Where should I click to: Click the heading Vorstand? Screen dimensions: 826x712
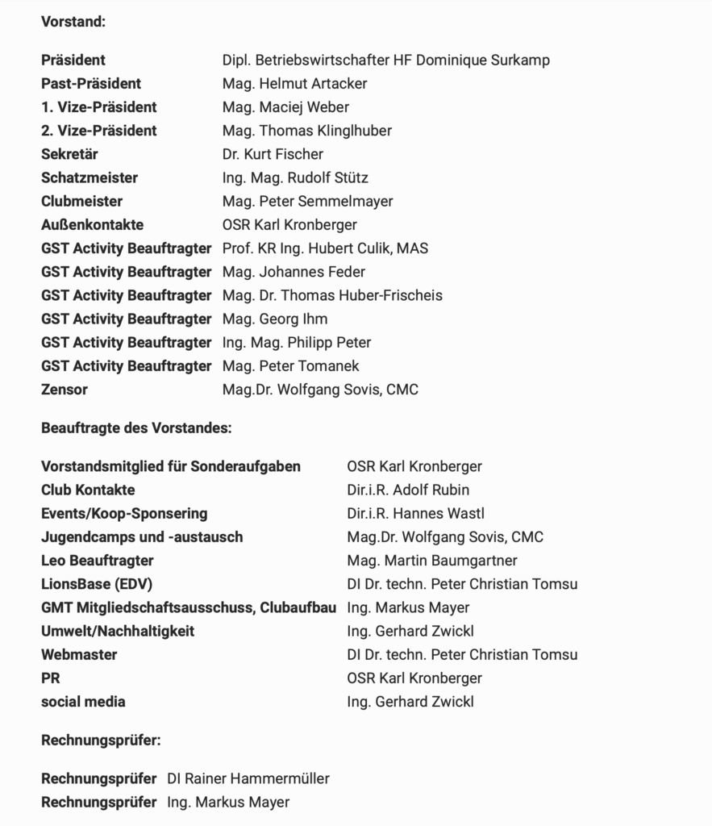pos(73,22)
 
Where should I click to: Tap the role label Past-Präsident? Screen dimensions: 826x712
pos(91,84)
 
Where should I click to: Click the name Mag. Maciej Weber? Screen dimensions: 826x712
pos(285,107)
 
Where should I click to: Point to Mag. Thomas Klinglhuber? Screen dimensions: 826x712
pos(307,131)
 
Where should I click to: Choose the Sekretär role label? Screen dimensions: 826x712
pos(69,154)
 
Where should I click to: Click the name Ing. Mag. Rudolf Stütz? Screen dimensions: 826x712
pos(295,177)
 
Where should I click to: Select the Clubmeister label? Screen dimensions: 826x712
pos(81,201)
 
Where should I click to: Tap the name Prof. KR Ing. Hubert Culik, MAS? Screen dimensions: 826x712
pos(325,248)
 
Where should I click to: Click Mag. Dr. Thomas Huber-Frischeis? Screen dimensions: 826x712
pos(332,295)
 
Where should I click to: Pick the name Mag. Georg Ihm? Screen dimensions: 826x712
pos(275,319)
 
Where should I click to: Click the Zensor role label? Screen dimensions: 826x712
pos(65,390)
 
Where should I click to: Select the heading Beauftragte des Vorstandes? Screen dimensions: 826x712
pos(136,428)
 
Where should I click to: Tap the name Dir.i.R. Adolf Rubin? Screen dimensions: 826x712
pos(408,490)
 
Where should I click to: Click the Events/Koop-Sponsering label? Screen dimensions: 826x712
pos(124,514)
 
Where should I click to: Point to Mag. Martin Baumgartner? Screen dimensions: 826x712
pos(432,561)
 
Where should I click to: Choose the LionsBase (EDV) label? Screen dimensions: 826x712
pos(97,584)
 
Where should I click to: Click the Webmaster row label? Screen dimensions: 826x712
pos(79,655)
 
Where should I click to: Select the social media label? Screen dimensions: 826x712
pos(83,702)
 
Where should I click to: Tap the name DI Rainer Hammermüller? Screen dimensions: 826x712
pos(248,779)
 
